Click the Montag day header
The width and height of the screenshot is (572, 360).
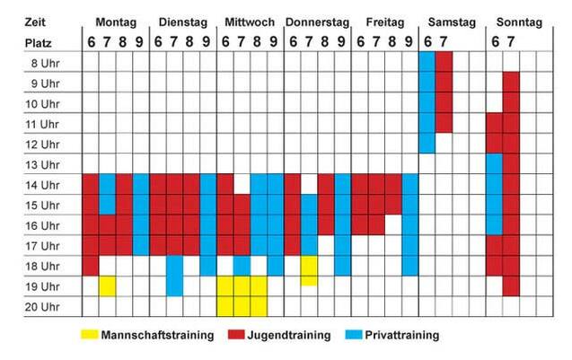[116, 21]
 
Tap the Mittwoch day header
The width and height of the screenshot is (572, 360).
[250, 21]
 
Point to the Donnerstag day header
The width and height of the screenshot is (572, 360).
[317, 21]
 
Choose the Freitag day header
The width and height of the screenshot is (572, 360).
[384, 21]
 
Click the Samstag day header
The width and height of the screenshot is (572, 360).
[451, 21]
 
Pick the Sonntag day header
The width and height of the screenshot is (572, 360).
[519, 21]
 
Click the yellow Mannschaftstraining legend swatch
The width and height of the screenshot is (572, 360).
[86, 335]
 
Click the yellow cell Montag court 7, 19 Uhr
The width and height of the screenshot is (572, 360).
[108, 285]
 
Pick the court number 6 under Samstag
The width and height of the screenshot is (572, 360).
[426, 41]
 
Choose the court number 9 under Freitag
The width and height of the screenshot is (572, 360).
[409, 41]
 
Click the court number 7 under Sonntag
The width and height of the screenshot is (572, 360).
[510, 41]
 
